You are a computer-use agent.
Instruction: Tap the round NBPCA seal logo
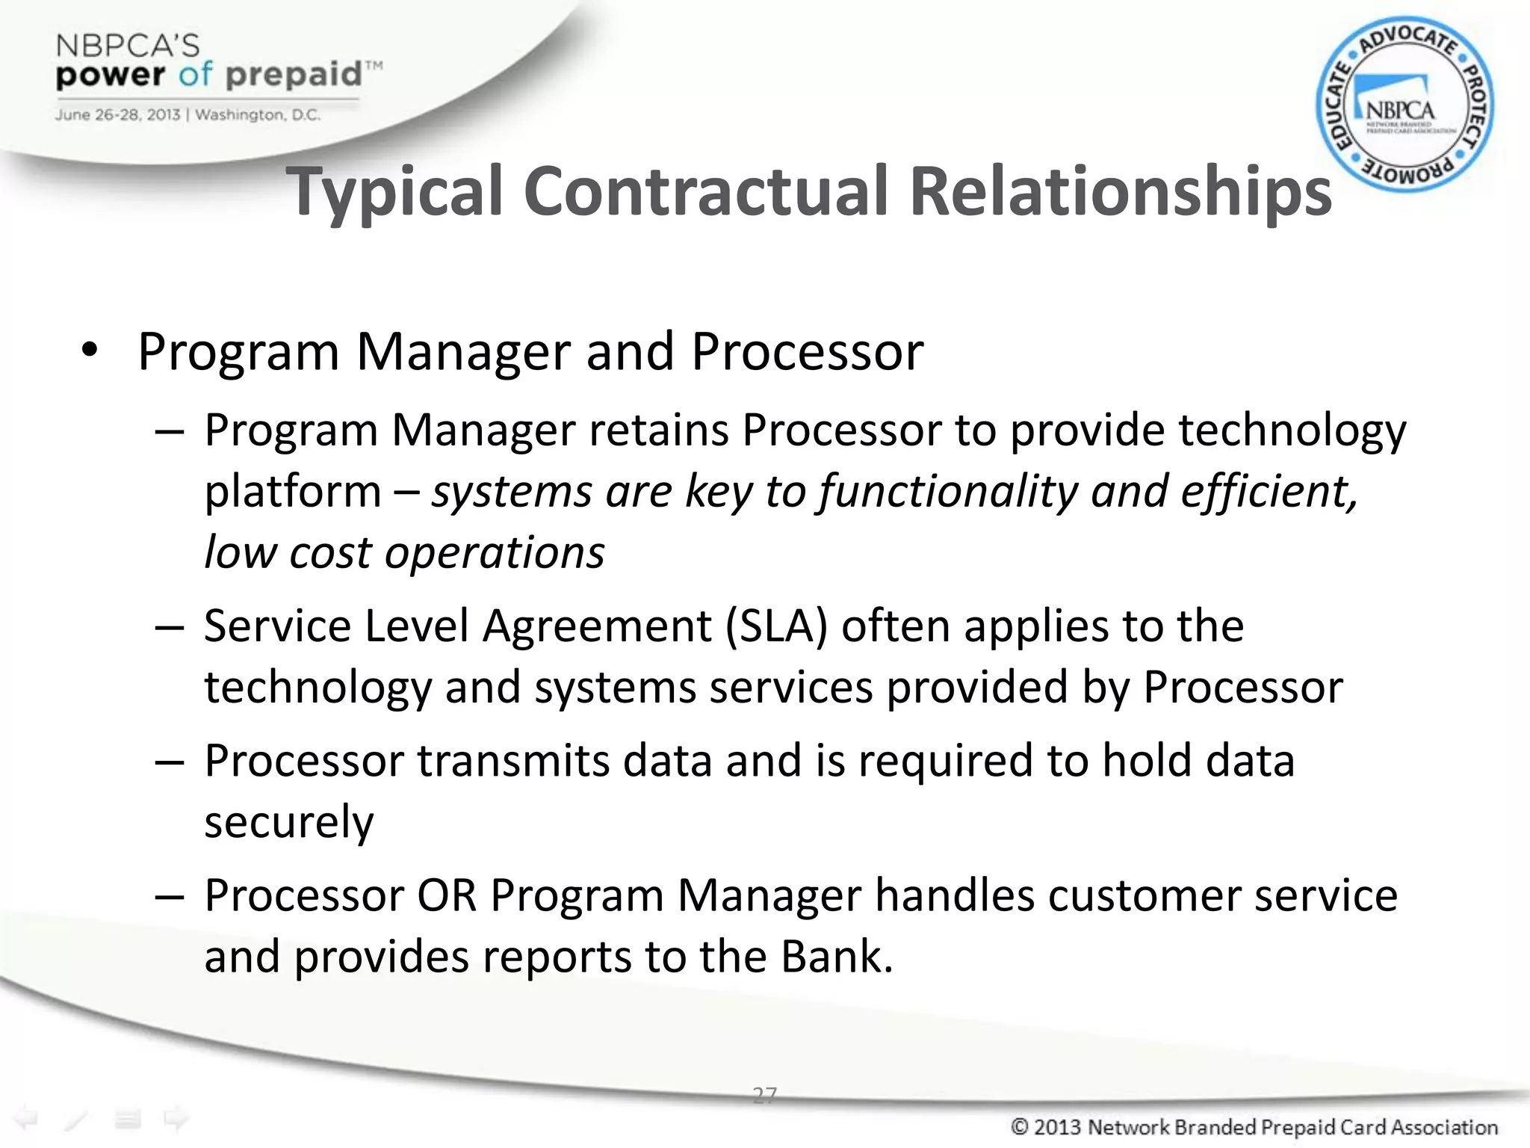1404,105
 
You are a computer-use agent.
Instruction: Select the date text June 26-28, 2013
117,115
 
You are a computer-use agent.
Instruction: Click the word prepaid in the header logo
294,75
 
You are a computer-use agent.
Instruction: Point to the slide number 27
764,1095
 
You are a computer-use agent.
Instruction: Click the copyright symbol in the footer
1020,1126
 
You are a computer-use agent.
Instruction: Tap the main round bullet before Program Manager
90,351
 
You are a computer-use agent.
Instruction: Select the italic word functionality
948,492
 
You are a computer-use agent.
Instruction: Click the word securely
288,821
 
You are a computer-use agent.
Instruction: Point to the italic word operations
495,553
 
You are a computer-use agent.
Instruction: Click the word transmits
512,761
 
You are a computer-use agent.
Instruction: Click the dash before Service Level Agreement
170,626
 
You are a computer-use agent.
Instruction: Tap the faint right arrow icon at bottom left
176,1119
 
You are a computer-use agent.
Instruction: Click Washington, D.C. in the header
258,115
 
